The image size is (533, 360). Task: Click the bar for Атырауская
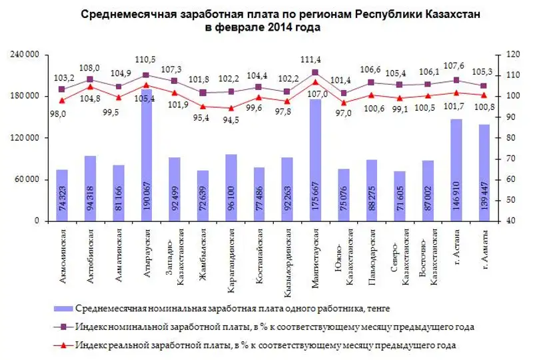coord(146,160)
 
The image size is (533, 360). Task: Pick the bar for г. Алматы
coord(484,173)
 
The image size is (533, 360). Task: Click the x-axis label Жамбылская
coord(203,249)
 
